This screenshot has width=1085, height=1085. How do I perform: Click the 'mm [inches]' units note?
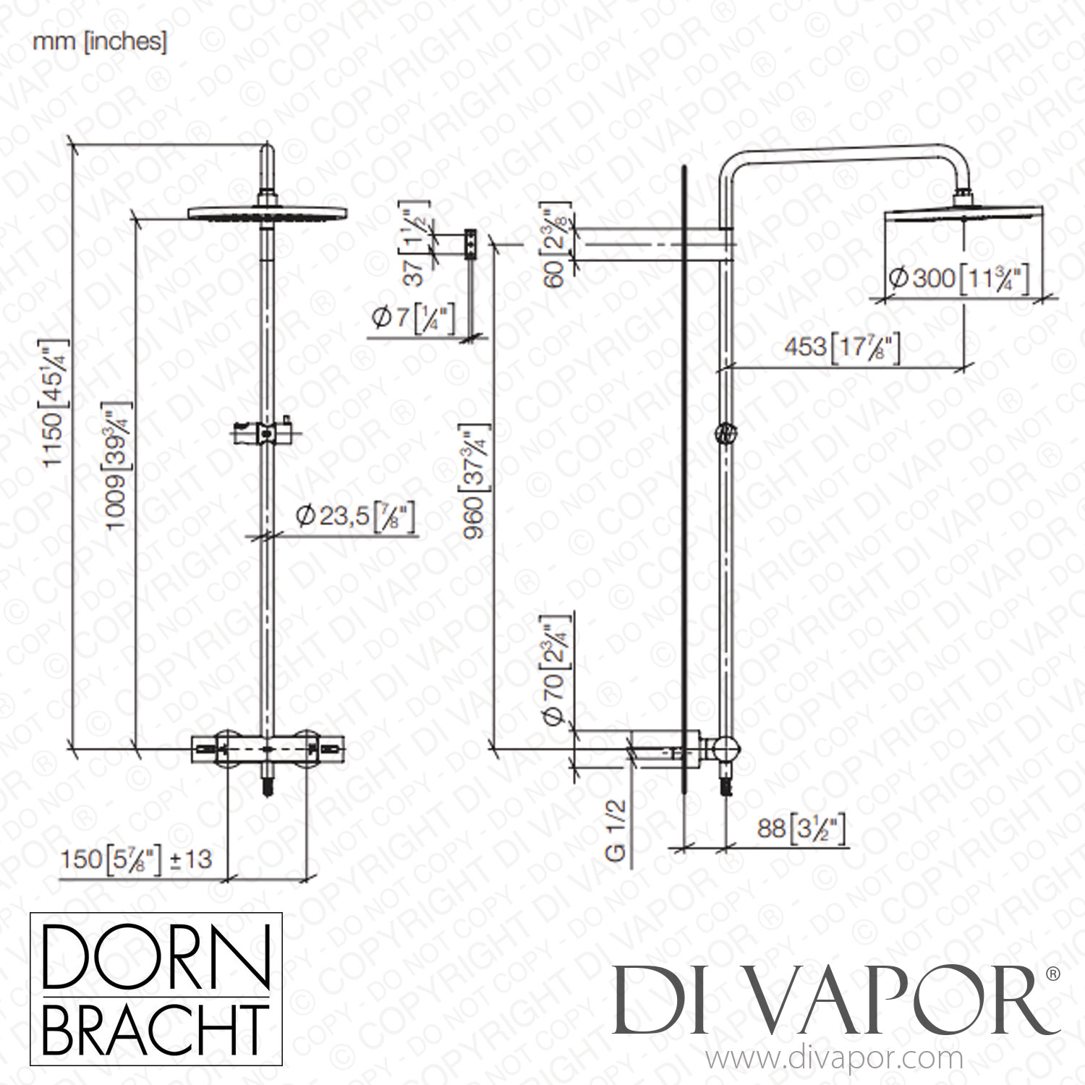point(100,42)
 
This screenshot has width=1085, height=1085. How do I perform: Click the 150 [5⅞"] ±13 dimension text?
point(136,859)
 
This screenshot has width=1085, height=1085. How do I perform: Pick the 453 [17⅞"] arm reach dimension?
point(842,346)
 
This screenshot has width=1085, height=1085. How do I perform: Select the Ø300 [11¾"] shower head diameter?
point(958,278)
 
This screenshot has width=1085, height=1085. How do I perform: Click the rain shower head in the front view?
point(268,213)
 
